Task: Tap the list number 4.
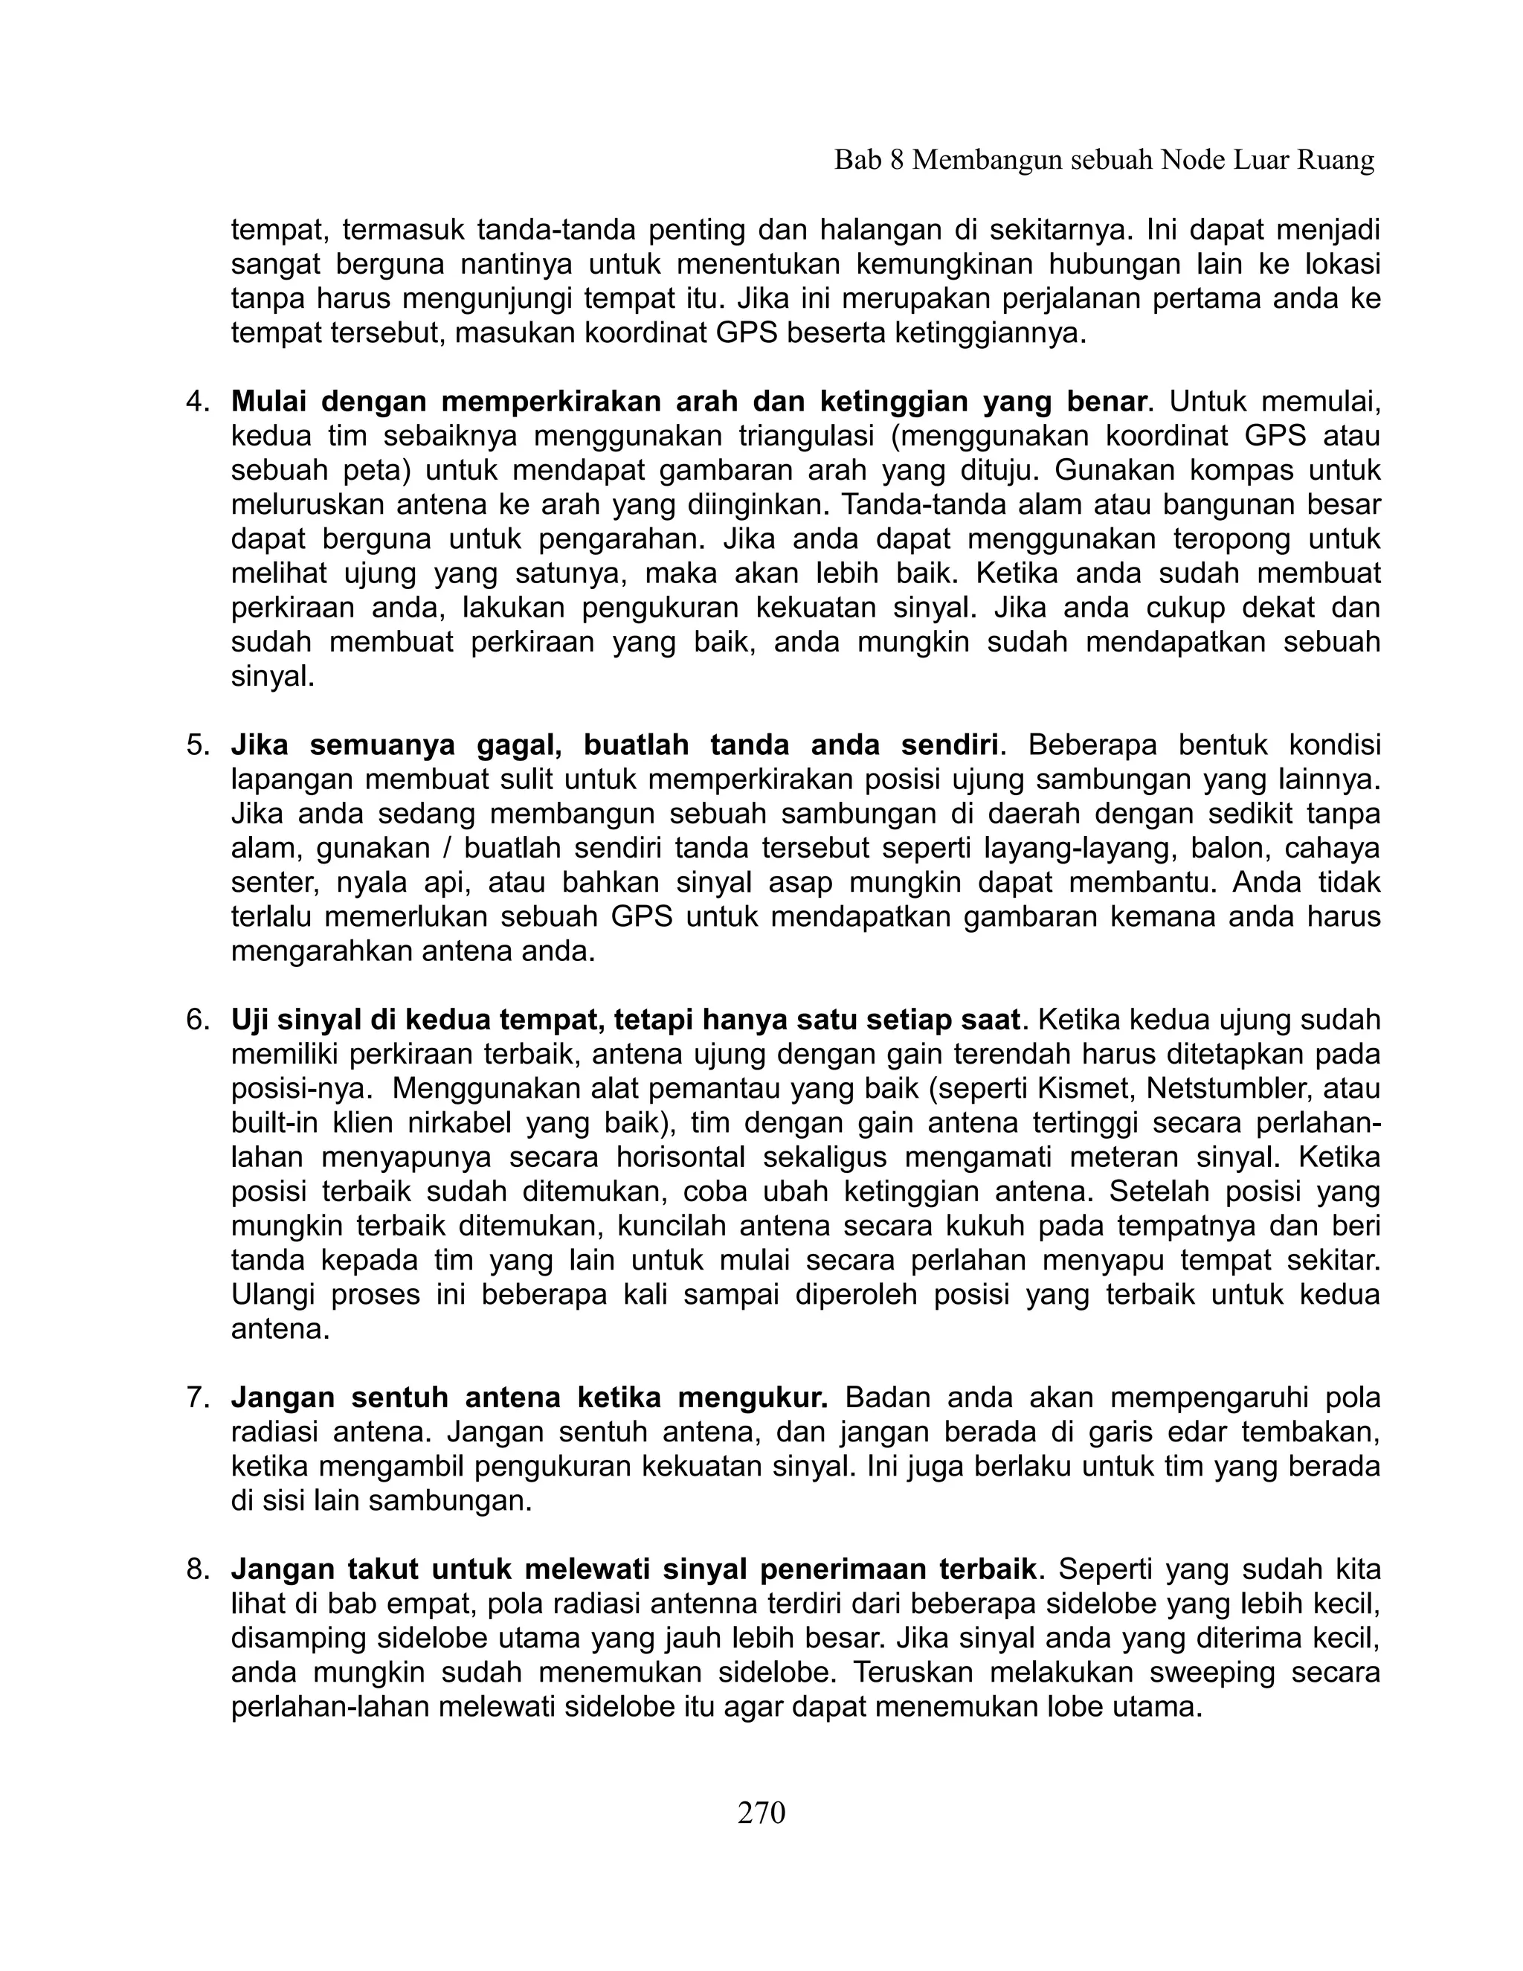tap(196, 401)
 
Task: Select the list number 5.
tap(196, 745)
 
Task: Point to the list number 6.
tap(196, 1020)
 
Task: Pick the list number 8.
tap(196, 1569)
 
